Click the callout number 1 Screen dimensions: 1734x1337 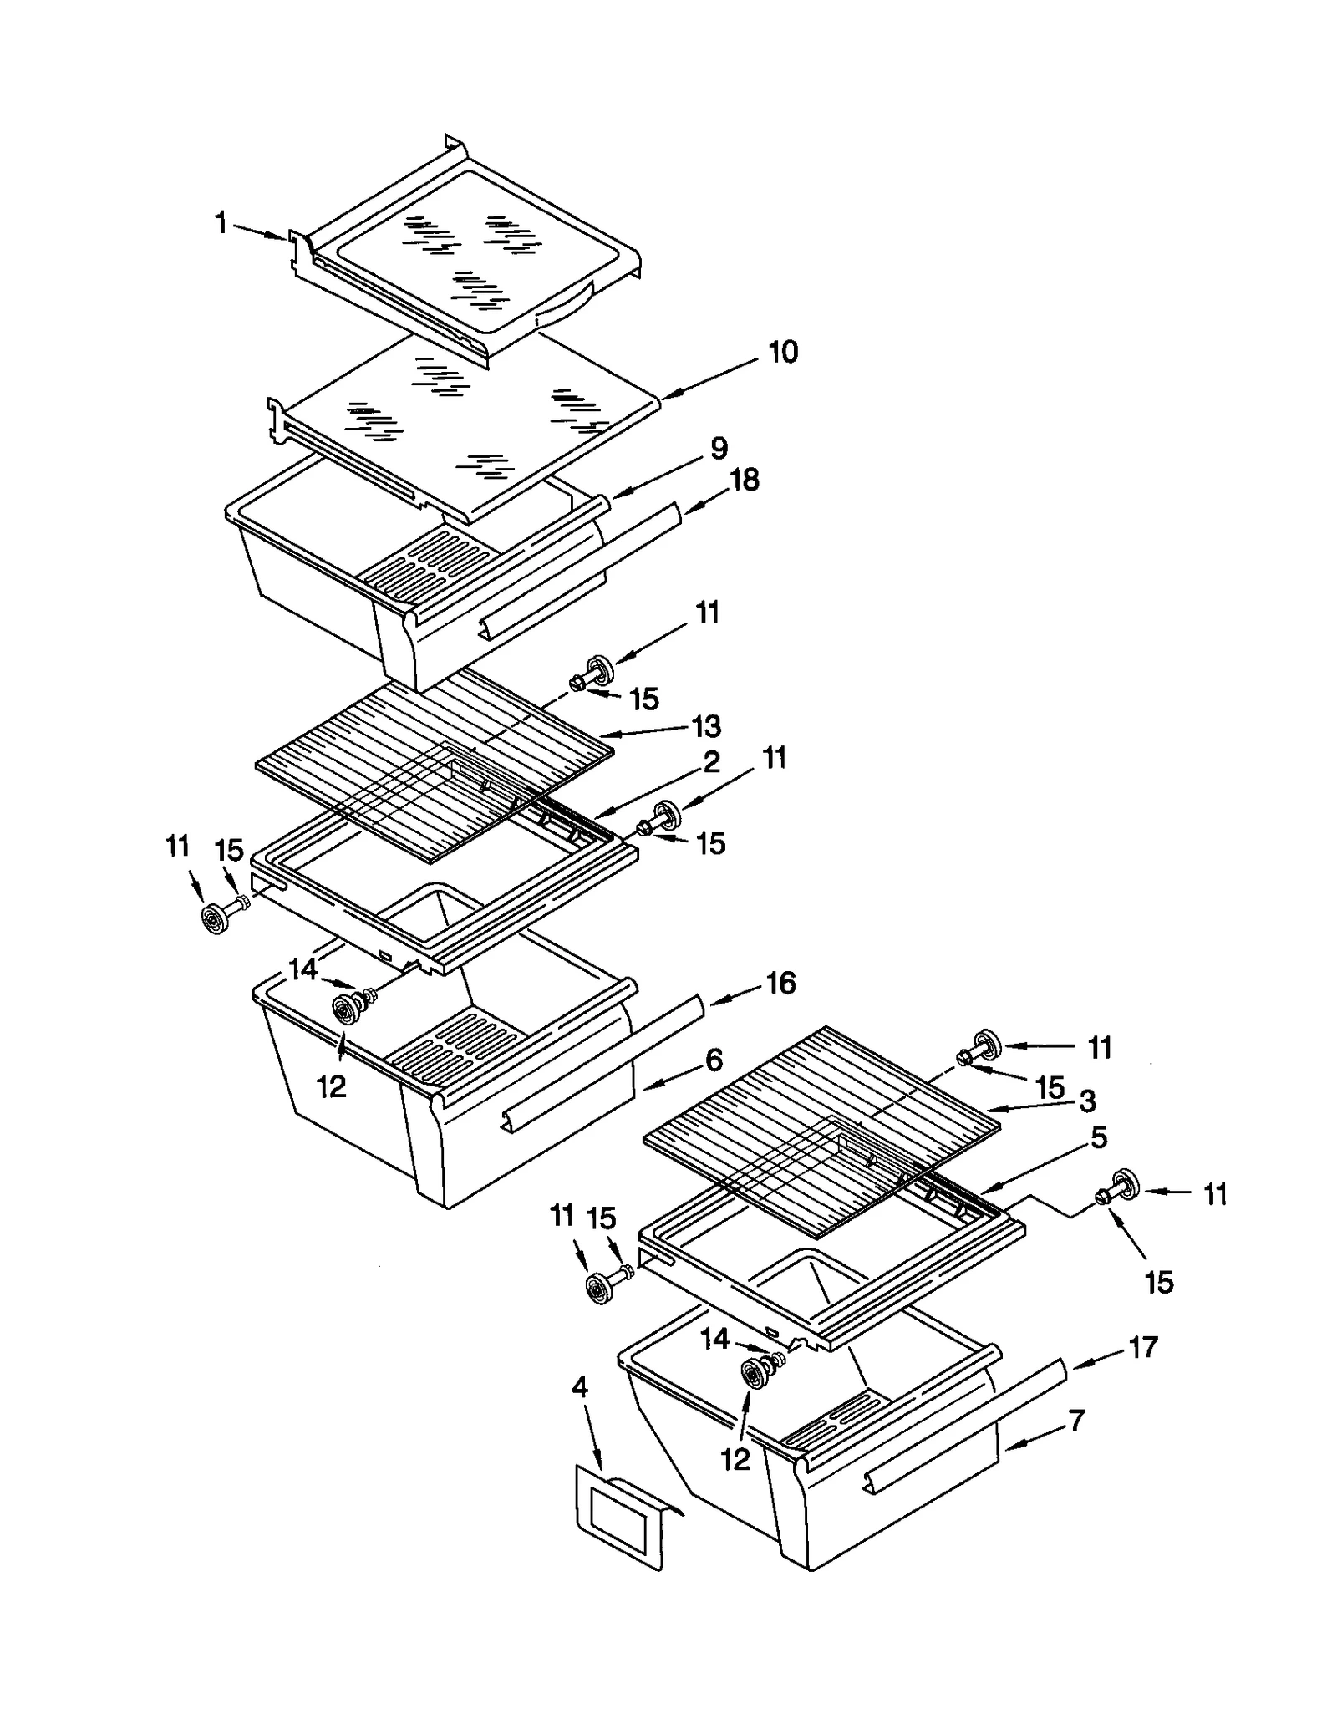tap(221, 223)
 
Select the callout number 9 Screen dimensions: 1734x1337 tap(719, 449)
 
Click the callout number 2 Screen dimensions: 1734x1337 tap(711, 762)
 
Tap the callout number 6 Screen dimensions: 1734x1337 tap(713, 1060)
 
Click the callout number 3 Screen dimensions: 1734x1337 tap(1086, 1101)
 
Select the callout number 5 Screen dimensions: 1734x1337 tap(1099, 1137)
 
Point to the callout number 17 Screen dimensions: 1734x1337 tap(1143, 1347)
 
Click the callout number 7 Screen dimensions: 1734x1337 tap(1076, 1420)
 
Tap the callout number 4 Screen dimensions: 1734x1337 tap(579, 1388)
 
